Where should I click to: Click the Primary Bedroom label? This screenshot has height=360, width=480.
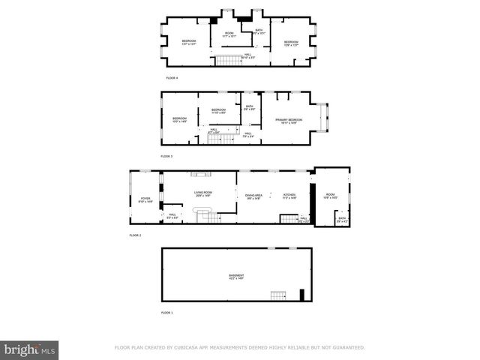click(289, 120)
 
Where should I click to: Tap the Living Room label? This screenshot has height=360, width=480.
click(203, 193)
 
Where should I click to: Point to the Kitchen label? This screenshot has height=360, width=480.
click(289, 196)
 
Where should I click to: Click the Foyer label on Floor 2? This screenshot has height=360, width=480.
click(145, 199)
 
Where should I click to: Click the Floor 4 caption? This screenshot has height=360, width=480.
click(172, 77)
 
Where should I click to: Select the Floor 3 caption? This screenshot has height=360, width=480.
click(166, 156)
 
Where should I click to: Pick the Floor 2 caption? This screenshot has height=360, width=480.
click(135, 235)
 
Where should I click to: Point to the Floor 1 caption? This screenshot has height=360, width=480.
click(166, 311)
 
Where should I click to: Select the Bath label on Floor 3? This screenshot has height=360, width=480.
click(250, 107)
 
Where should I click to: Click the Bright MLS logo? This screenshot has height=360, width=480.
click(31, 349)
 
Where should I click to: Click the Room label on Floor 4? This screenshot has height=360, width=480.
click(229, 34)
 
